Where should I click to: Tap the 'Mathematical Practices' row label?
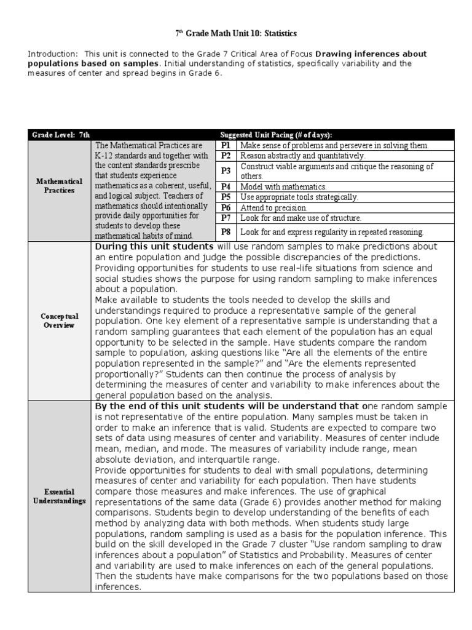pyautogui.click(x=59, y=186)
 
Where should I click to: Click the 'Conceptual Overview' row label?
pyautogui.click(x=59, y=321)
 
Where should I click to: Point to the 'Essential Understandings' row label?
pyautogui.click(x=59, y=496)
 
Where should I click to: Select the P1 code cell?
pyautogui.click(x=226, y=145)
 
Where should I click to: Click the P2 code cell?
pyautogui.click(x=226, y=156)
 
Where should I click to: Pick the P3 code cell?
pyautogui.click(x=226, y=170)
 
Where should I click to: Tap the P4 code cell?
pyautogui.click(x=226, y=186)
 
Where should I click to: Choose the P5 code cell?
pyautogui.click(x=226, y=197)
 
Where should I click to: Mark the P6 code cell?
pyautogui.click(x=226, y=207)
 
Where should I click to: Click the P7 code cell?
pyautogui.click(x=226, y=218)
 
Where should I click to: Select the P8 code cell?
pyautogui.click(x=226, y=232)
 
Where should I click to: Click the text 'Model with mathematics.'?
pyautogui.click(x=283, y=186)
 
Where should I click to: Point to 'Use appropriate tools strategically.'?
pyautogui.click(x=299, y=197)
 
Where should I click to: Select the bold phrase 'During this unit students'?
pyautogui.click(x=154, y=247)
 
